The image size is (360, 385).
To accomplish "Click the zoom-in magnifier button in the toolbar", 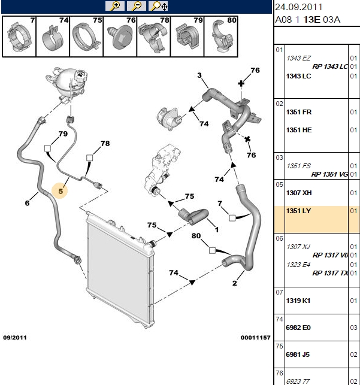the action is click(x=115, y=6).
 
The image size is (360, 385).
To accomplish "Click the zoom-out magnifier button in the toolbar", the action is click(x=137, y=6).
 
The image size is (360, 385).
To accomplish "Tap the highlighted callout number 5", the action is click(x=60, y=191).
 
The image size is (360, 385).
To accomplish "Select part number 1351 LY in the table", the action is click(x=298, y=211).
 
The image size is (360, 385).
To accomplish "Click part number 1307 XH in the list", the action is click(x=299, y=193).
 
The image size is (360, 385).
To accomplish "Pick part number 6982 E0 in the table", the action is click(x=298, y=328).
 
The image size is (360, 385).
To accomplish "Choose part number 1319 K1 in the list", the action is click(x=298, y=301).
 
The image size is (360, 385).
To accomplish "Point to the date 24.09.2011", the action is click(x=298, y=7).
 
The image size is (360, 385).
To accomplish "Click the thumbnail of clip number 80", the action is click(x=221, y=37).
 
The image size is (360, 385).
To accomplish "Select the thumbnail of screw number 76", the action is click(x=120, y=37).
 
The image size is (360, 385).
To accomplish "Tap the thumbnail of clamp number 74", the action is click(x=53, y=37).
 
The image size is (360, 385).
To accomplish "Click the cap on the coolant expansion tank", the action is click(x=80, y=75).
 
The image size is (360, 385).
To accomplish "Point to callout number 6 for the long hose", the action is click(x=28, y=203).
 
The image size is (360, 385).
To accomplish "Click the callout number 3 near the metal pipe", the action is click(x=199, y=75).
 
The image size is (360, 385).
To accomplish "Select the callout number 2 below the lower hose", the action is click(x=235, y=283).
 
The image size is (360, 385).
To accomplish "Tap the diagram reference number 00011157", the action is click(x=255, y=338).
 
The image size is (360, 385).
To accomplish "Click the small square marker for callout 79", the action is click(x=47, y=148).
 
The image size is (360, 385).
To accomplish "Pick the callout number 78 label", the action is click(x=105, y=143).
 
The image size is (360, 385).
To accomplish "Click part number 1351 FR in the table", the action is click(x=299, y=112).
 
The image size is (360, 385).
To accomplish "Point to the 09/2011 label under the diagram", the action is click(x=15, y=338).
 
